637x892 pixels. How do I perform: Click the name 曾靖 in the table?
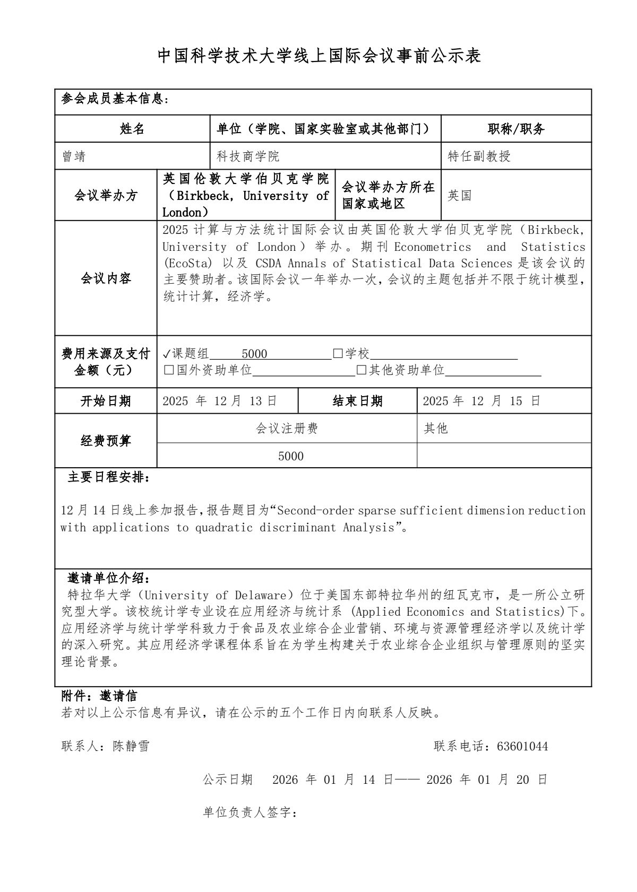coord(74,156)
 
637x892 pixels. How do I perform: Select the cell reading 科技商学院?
coord(248,156)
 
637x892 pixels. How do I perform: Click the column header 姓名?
coord(132,129)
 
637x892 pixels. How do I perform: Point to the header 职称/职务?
coord(516,129)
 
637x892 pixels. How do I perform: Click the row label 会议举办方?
coord(106,196)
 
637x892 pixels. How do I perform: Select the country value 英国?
coord(460,196)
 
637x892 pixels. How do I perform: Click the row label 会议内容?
coord(106,278)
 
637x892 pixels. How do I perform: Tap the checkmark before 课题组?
coord(167,354)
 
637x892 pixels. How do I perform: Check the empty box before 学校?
coord(338,354)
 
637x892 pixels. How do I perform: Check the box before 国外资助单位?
coord(169,370)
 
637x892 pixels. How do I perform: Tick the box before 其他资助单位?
coord(361,370)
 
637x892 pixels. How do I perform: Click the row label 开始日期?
coord(106,401)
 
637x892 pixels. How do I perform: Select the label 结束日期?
coord(357,401)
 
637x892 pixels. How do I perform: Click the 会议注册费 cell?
coord(287,428)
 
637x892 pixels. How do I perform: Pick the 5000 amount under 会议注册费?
coord(291,456)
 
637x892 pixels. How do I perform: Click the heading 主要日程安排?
coord(108,477)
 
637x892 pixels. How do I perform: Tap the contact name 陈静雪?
coord(131,746)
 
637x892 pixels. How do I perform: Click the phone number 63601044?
coord(522,747)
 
